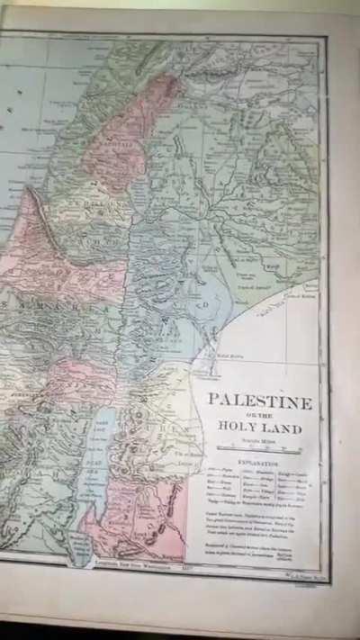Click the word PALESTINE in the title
260,401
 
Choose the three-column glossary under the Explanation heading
259,491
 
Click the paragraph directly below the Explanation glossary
258,520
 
